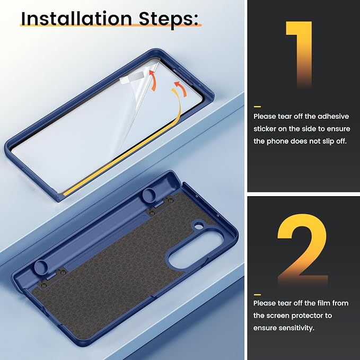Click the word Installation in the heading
click(76, 19)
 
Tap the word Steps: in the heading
click(169, 20)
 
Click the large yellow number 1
click(298, 54)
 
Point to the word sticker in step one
click(265, 128)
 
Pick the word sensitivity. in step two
click(296, 328)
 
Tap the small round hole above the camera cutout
click(199, 227)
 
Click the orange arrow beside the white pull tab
click(153, 80)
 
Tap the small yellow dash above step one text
click(257, 107)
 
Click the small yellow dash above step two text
click(257, 295)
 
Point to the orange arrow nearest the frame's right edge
click(181, 88)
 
